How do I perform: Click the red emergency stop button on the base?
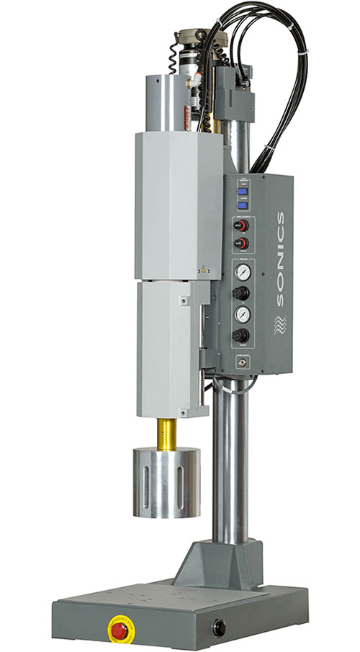(120, 629)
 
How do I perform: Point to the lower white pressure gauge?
(243, 313)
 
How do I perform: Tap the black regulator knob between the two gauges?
(243, 292)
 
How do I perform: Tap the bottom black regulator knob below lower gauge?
(243, 335)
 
